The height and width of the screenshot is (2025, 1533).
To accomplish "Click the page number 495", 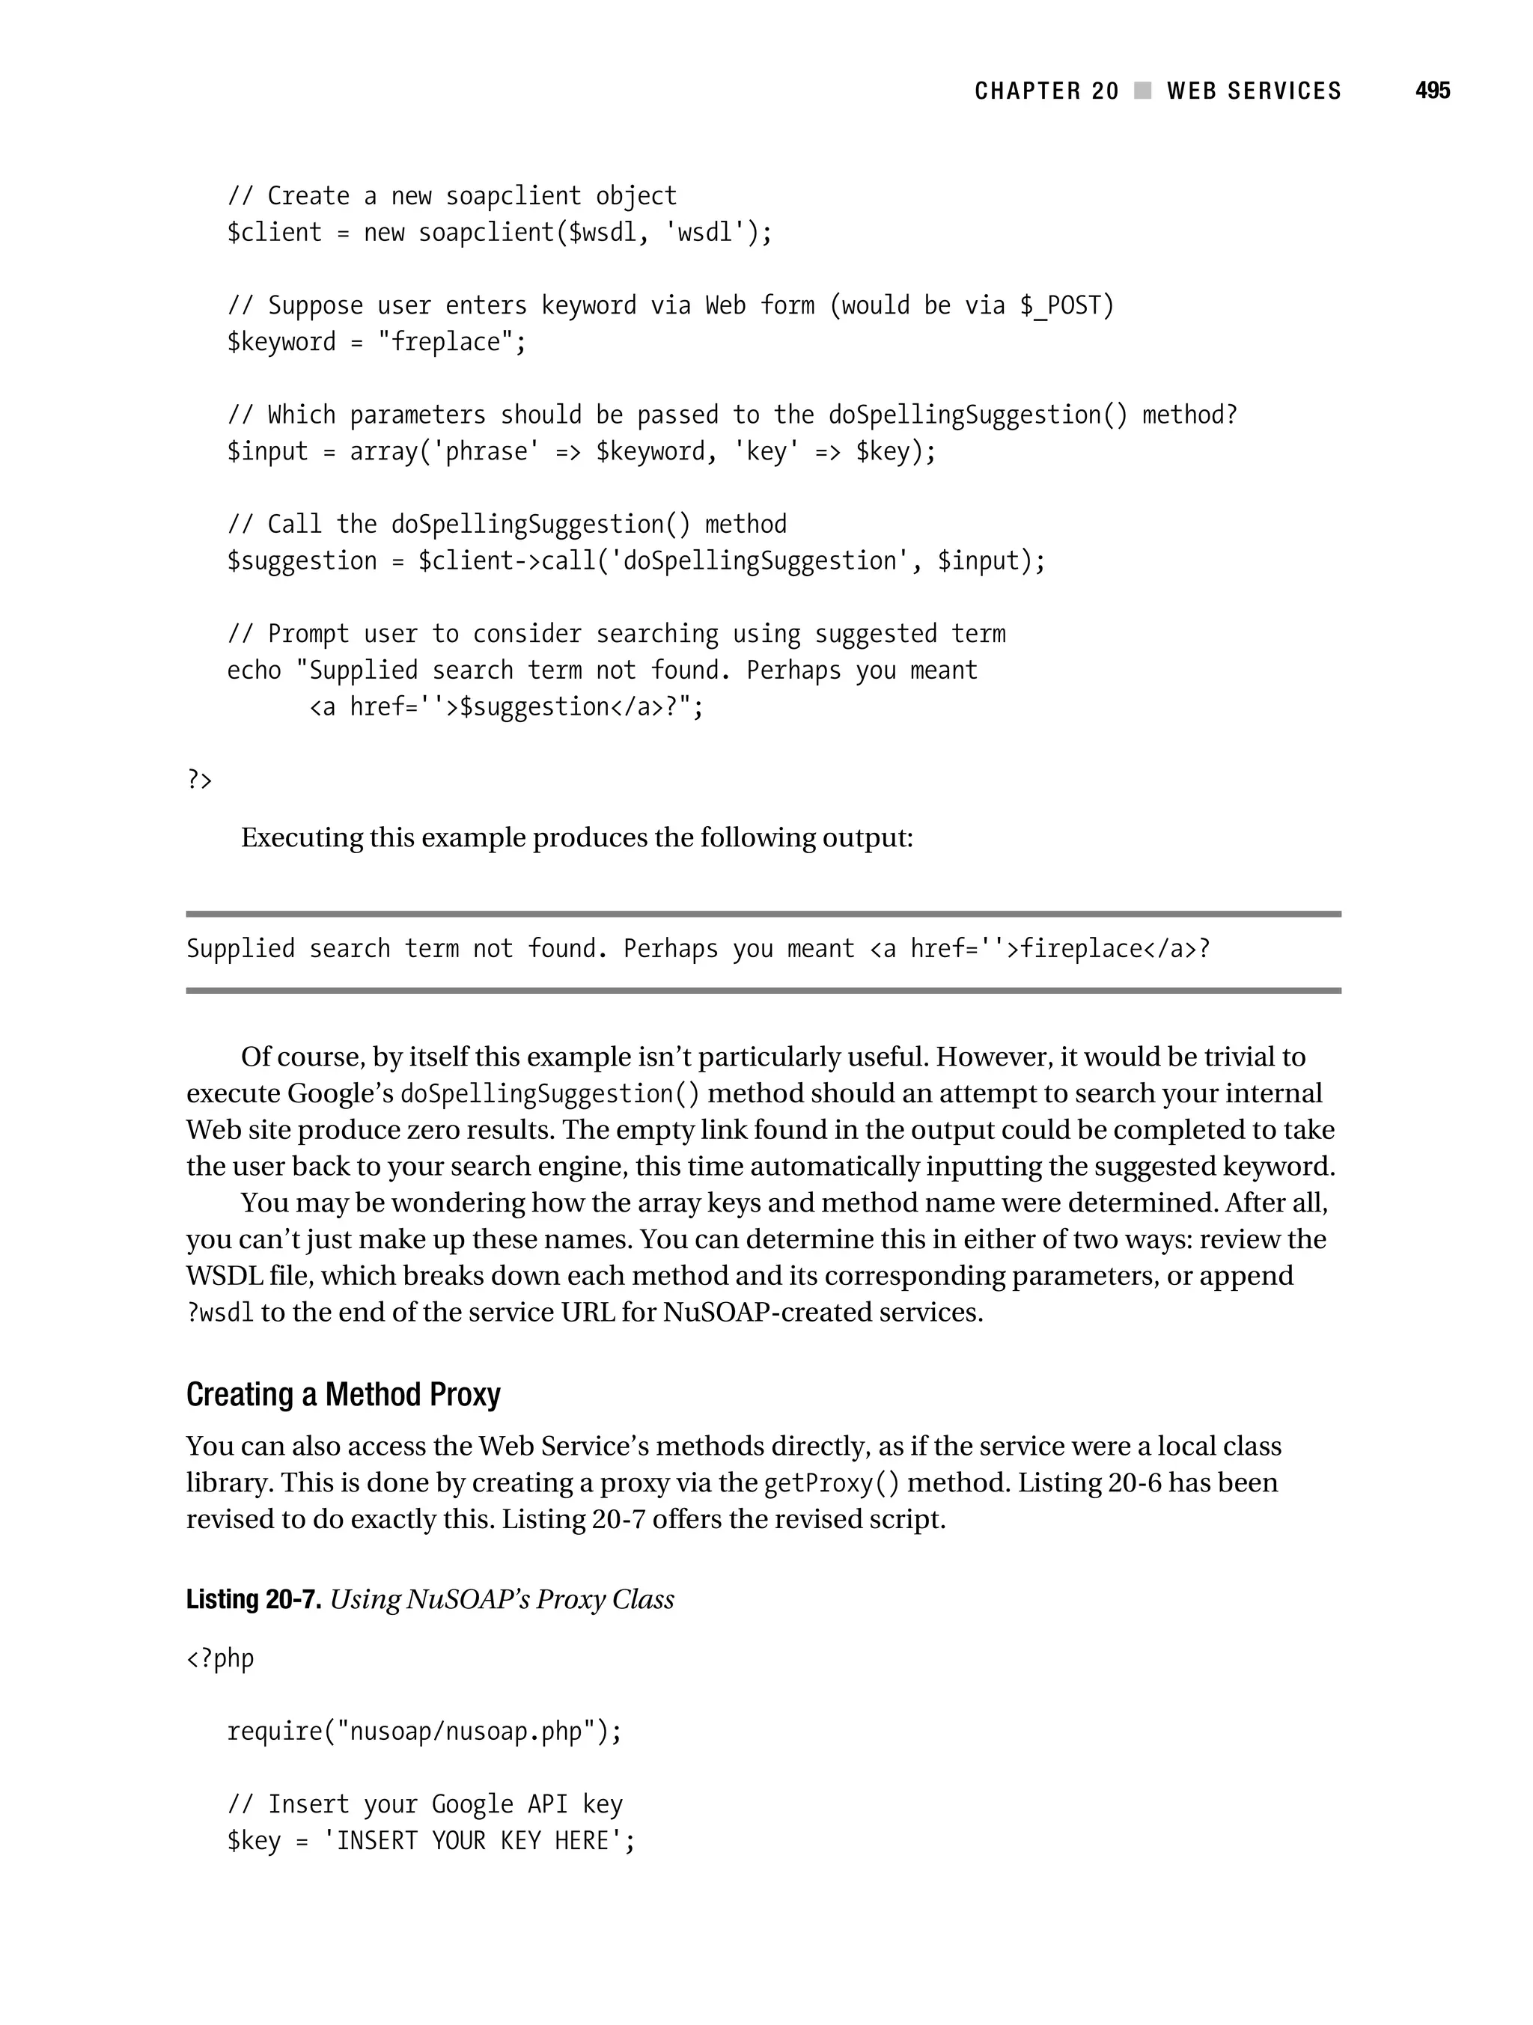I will [1432, 91].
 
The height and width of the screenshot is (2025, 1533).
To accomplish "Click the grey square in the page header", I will [1142, 91].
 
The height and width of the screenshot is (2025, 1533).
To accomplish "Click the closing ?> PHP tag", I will [200, 779].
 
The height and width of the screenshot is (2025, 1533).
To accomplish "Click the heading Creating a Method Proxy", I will [344, 1394].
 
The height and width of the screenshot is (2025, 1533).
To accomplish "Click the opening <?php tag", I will [220, 1658].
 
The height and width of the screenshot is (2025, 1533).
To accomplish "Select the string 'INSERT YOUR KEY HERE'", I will [474, 1840].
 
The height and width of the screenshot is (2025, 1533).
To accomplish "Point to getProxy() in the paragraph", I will [831, 1483].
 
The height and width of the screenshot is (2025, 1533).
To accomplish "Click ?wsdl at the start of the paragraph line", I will [220, 1313].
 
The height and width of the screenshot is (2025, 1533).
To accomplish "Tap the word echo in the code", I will [254, 670].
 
